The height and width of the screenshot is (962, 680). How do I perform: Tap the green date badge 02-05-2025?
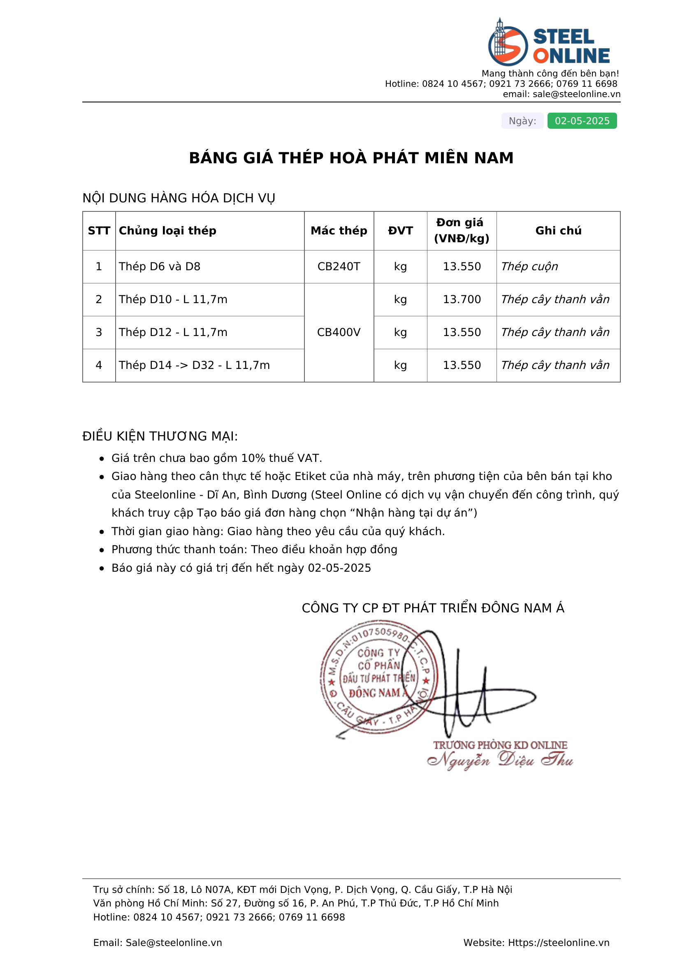pos(582,121)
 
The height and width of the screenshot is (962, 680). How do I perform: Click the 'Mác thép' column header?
pos(339,230)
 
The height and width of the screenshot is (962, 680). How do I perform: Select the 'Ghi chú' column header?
pos(558,230)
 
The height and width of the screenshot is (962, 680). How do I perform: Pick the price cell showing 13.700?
pos(462,299)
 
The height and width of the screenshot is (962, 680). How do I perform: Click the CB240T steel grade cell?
pos(339,267)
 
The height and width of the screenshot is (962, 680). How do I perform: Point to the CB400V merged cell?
pos(339,332)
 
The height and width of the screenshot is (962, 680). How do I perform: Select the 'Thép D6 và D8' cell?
pos(160,267)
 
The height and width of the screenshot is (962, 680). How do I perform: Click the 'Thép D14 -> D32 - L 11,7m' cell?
pos(194,365)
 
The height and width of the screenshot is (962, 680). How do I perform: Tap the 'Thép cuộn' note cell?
pos(529,267)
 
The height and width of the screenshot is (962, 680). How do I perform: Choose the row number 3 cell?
pos(99,332)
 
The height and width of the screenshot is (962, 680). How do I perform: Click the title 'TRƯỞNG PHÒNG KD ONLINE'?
pos(500,745)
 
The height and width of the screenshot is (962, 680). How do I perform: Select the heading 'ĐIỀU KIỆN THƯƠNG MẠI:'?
pos(160,436)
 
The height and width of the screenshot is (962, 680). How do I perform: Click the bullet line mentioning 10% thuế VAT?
pos(217,458)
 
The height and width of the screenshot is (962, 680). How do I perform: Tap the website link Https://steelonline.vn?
pos(559,942)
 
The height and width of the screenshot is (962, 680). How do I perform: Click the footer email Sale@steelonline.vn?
pos(174,942)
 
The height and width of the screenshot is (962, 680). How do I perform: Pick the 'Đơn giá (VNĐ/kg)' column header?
pos(462,230)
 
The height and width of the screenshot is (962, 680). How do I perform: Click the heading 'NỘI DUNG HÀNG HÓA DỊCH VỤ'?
pos(179,198)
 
